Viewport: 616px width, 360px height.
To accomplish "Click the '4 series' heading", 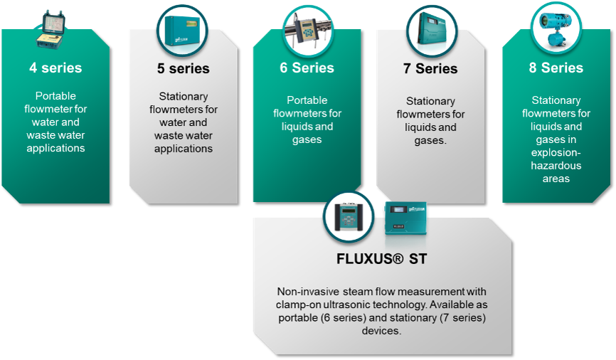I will point(55,68).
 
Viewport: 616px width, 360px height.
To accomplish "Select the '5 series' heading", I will point(183,69).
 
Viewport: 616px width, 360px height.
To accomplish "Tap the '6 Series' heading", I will point(307,68).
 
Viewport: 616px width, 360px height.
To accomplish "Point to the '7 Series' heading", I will point(431,69).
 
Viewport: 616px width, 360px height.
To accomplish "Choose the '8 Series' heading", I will point(556,68).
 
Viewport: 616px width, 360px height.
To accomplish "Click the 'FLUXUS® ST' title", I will point(381,259).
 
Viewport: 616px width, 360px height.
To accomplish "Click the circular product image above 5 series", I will point(181,31).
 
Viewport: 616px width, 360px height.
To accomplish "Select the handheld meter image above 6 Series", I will point(307,31).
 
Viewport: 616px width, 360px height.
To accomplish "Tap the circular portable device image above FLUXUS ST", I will point(349,217).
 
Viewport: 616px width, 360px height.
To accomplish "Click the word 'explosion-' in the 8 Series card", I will point(556,153).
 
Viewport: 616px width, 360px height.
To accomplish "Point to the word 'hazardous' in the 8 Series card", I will point(556,166).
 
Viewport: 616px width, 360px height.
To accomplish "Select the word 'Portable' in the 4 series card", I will point(55,96).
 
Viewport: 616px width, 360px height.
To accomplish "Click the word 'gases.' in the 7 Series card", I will point(431,140).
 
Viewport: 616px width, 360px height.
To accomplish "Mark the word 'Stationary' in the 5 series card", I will point(183,97).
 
